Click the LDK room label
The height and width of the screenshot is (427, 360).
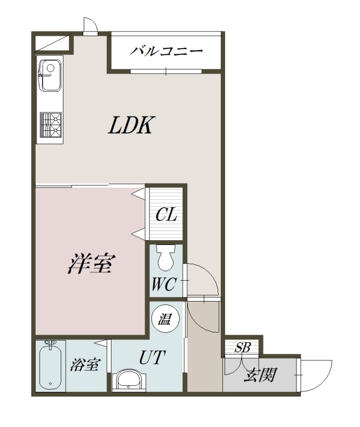(132, 125)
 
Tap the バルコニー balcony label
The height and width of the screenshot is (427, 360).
(166, 51)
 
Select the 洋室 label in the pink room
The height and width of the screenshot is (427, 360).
(91, 263)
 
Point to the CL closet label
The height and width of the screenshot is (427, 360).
(166, 215)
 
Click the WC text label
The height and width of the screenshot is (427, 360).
(164, 284)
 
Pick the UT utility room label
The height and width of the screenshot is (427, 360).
(152, 357)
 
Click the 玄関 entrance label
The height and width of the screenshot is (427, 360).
(260, 375)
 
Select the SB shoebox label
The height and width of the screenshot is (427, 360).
(243, 347)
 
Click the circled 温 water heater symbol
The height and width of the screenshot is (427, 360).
(165, 319)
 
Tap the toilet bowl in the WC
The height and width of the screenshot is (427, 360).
(166, 258)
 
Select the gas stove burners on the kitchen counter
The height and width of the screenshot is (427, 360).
(51, 125)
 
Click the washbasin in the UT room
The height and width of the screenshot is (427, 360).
(129, 380)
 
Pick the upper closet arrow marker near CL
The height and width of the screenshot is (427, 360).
(139, 194)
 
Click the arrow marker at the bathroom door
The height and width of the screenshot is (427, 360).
(101, 343)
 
